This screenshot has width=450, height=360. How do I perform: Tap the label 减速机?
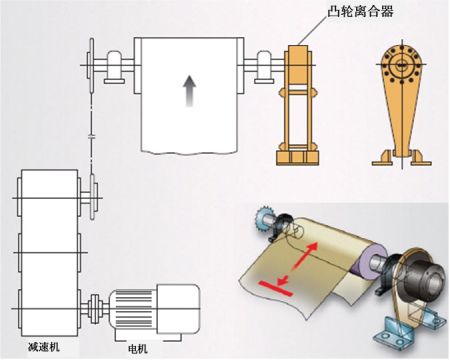tap(44, 347)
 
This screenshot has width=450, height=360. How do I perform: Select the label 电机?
tap(138, 349)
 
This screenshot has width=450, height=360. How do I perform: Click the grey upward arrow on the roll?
tap(189, 91)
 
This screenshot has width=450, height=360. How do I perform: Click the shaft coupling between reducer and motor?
tap(95, 309)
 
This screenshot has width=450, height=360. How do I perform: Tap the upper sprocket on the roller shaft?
tap(91, 65)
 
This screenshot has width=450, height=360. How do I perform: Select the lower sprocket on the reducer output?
tap(92, 197)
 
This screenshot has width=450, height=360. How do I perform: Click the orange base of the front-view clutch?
tap(297, 158)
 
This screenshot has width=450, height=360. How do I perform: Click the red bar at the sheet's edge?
tap(275, 288)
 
